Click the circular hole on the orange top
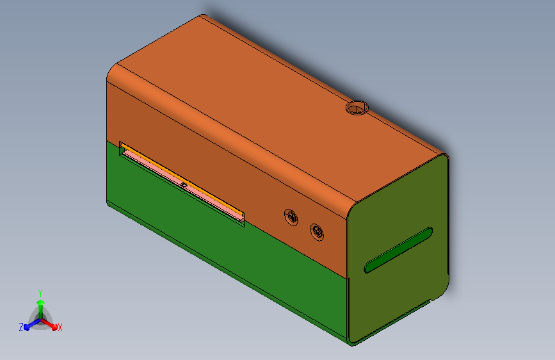point(357,108)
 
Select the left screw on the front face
point(291,217)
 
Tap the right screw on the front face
point(316,233)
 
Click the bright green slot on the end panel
point(399,250)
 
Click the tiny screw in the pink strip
point(184,184)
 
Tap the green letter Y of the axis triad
point(40,293)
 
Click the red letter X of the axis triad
point(60,327)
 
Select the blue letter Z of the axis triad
point(21,327)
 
